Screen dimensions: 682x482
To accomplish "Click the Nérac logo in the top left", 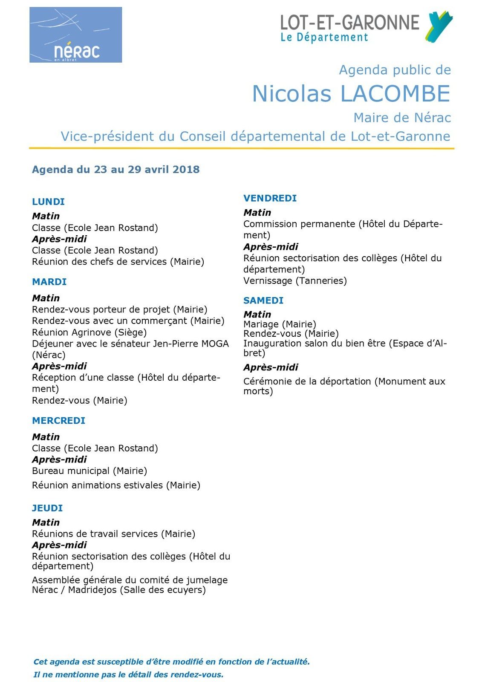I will coord(75,35).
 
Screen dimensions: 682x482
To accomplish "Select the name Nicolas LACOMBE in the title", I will coord(351,94).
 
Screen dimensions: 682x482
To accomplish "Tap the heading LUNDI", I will coord(48,202).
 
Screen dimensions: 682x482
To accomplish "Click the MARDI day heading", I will coord(49,282).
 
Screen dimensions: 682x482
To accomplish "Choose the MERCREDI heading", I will coord(58,421).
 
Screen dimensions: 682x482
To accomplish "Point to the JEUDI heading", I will coord(47,508).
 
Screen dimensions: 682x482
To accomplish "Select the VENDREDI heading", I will coord(270,198).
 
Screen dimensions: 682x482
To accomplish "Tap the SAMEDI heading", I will coord(263,301).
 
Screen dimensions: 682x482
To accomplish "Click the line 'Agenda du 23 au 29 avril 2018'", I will coord(115,170).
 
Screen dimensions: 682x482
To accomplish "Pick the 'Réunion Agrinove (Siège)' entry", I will coord(89,332).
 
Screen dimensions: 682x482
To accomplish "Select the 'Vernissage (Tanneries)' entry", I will coord(295,281).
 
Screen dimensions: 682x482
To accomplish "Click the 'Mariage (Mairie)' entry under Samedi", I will coord(280,324).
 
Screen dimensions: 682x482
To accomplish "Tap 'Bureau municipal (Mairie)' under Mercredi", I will coord(89,471).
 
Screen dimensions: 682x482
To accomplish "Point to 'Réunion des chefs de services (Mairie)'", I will coord(118,262).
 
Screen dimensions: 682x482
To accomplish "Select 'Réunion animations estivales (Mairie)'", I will coord(116,485).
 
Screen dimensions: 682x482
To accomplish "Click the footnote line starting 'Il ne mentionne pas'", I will coord(128,675).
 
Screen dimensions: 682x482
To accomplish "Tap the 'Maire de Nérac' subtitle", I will coord(402,118).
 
